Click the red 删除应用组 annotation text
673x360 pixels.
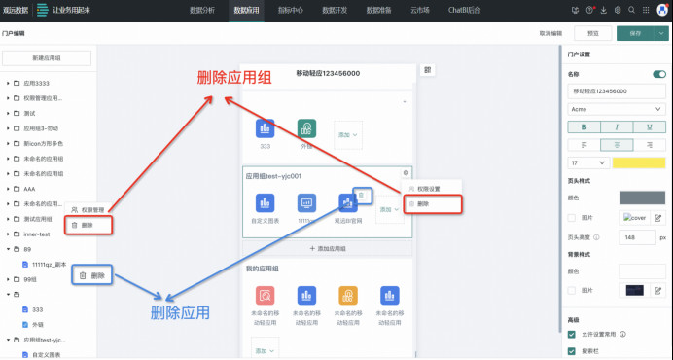click(234, 78)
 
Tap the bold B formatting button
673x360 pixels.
click(583, 126)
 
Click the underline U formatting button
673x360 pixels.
click(651, 126)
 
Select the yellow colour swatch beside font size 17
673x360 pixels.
click(639, 162)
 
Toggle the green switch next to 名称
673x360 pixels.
click(659, 74)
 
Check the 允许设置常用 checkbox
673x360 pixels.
click(572, 334)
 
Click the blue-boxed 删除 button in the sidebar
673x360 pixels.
click(94, 276)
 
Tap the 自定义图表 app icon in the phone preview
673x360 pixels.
click(265, 205)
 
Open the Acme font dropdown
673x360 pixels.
click(617, 109)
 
